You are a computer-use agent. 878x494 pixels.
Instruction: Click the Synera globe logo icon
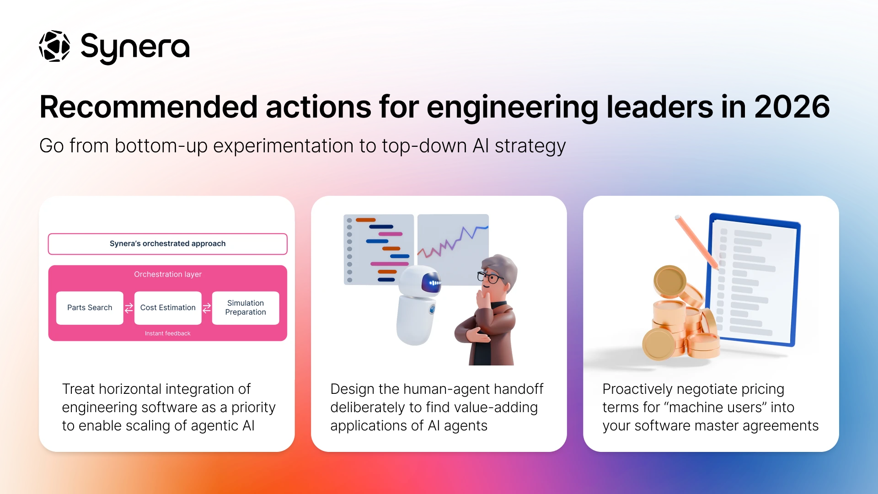pos(54,46)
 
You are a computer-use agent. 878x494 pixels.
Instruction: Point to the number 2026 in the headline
pos(792,107)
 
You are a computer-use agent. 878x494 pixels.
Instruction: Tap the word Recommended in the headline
pos(149,107)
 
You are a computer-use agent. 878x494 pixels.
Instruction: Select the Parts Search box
pos(90,308)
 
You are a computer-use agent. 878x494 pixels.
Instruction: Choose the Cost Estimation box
pos(168,308)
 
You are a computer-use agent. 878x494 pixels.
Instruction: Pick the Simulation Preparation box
pos(246,308)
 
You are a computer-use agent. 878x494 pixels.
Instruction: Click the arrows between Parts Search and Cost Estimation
pos(129,308)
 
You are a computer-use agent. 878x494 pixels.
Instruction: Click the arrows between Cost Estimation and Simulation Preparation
pos(207,308)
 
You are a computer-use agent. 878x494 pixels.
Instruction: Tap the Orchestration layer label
pos(168,274)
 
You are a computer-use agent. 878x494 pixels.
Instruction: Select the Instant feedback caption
pos(168,333)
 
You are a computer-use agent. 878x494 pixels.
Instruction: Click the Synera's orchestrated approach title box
pos(168,244)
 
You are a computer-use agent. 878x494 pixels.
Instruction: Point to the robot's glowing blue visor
pos(431,282)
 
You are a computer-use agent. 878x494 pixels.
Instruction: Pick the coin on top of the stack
pos(670,281)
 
